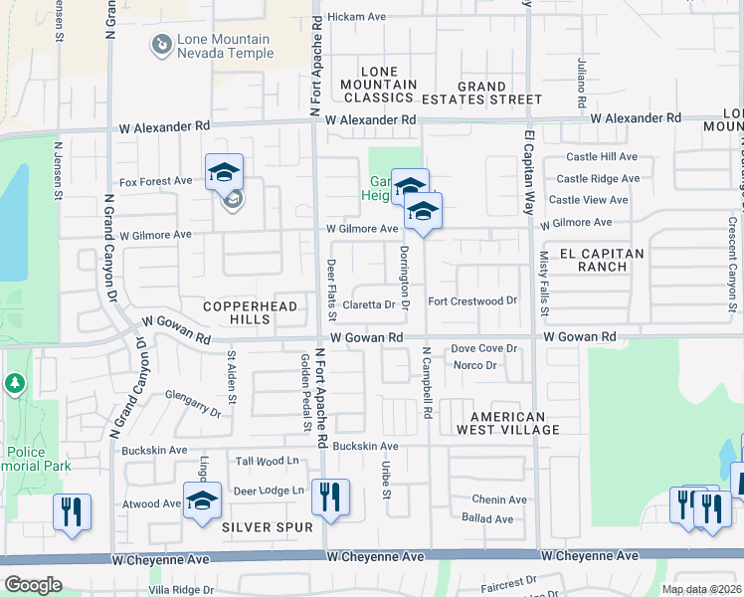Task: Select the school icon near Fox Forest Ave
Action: [224, 172]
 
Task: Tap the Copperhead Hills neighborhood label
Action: [251, 312]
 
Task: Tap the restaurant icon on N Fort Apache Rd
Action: [330, 497]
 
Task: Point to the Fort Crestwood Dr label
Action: [472, 300]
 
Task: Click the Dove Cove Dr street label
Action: [484, 348]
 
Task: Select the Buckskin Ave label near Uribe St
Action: [365, 447]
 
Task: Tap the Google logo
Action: [33, 585]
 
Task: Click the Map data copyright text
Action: [700, 589]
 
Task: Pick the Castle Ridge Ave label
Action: [598, 179]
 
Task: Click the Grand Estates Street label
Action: [482, 94]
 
